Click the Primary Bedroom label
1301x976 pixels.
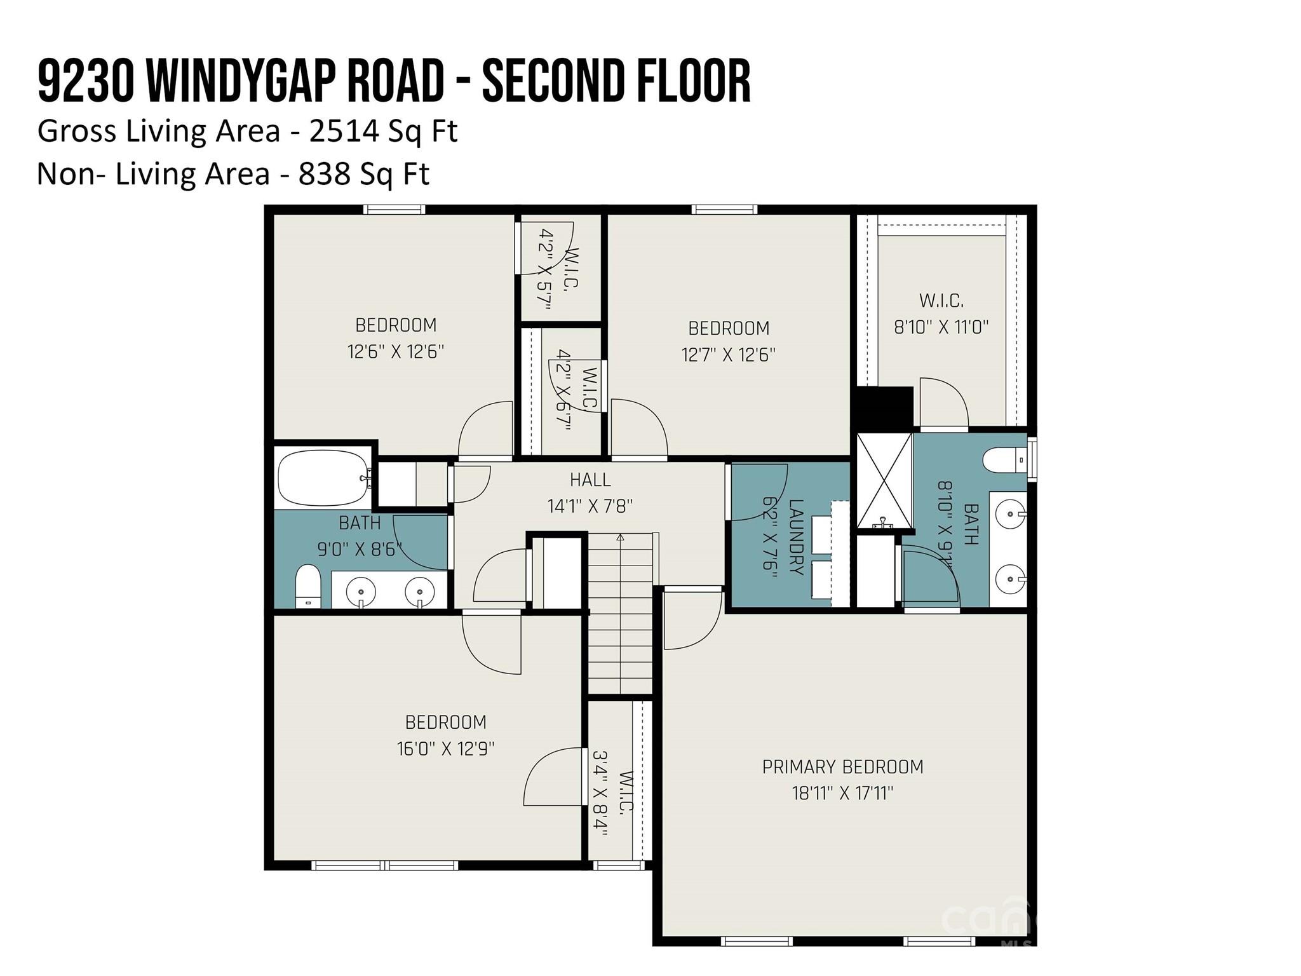click(x=842, y=767)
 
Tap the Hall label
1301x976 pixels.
click(x=590, y=480)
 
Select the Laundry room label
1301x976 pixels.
click(x=796, y=538)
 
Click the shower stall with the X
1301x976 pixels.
click(x=884, y=481)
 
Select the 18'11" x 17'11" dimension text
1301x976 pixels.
click(x=842, y=794)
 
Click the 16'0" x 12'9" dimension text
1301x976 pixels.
click(x=445, y=749)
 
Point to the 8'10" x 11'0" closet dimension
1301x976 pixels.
click(x=941, y=327)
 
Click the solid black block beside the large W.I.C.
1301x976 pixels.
click(x=885, y=407)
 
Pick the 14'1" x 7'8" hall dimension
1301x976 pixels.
click(x=590, y=506)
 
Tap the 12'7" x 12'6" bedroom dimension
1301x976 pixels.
click(x=729, y=355)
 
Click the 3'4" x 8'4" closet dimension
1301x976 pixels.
click(x=600, y=794)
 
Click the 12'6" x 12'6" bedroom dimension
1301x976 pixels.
click(x=396, y=352)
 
